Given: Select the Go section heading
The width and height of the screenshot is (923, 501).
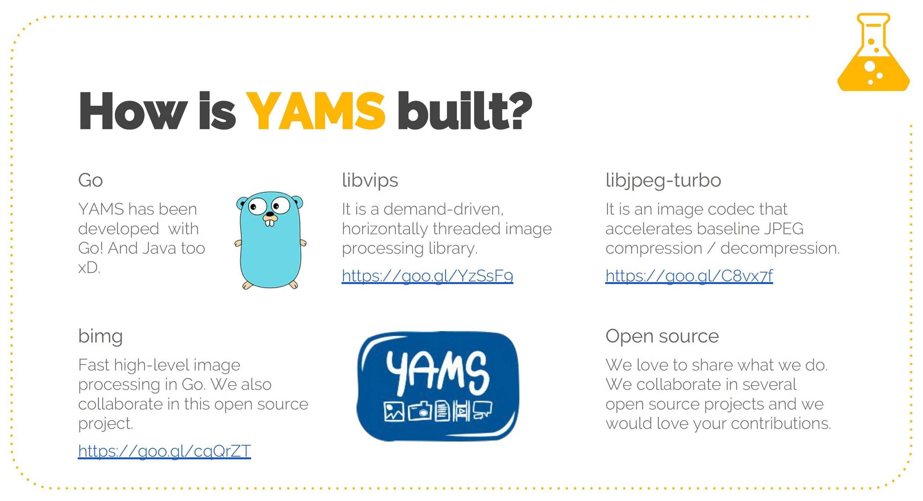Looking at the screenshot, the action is (91, 181).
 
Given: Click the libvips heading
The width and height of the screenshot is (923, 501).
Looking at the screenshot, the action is (370, 181).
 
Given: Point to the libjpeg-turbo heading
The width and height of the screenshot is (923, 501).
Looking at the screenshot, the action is (663, 181).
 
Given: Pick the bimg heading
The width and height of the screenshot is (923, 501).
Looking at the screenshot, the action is (101, 337).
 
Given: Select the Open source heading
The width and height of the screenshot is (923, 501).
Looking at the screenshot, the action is (662, 336).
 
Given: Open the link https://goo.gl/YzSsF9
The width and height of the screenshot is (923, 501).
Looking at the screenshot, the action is (427, 276).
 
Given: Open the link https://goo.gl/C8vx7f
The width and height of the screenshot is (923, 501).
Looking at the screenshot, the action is (689, 276).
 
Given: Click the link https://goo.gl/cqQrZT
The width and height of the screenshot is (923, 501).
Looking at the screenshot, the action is (164, 451).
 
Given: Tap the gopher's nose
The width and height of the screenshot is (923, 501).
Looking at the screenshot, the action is (270, 214).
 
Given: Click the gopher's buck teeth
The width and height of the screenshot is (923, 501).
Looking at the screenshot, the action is (270, 223).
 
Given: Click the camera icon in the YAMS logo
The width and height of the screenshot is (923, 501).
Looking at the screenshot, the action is (420, 411).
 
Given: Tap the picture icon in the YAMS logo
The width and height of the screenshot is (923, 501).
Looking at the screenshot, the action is (394, 412).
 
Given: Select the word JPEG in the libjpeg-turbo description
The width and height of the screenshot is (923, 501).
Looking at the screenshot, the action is (784, 229).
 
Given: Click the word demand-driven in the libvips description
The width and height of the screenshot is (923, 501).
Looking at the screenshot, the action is (443, 209).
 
